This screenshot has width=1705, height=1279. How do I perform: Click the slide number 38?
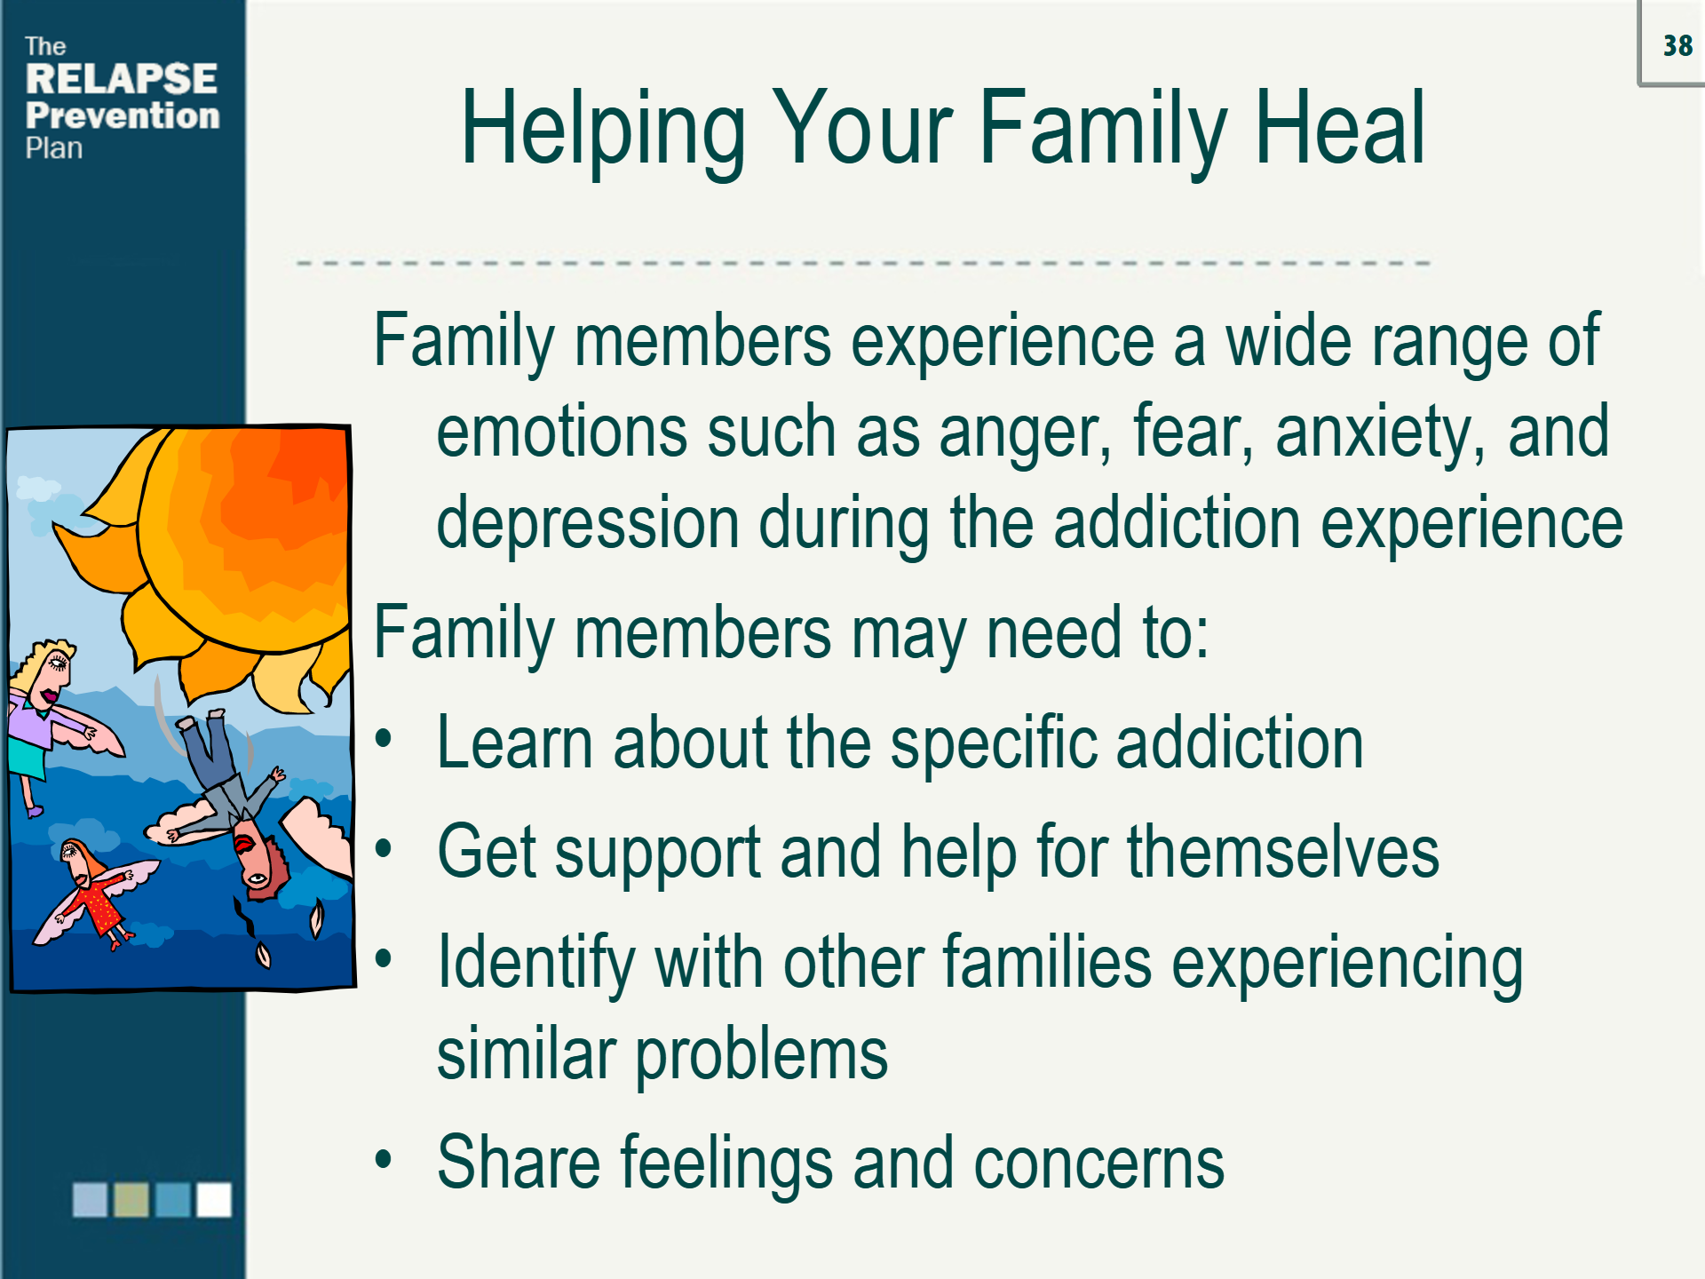click(x=1677, y=45)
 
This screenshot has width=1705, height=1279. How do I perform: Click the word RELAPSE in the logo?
click(x=122, y=79)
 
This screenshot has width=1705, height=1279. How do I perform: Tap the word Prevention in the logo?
click(x=123, y=115)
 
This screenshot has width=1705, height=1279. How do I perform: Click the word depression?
click(x=588, y=524)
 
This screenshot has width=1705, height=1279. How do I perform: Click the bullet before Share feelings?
click(x=384, y=1158)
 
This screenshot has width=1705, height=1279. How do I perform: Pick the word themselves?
click(x=1283, y=852)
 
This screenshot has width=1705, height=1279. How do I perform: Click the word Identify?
click(x=536, y=964)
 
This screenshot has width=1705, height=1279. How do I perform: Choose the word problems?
click(x=761, y=1056)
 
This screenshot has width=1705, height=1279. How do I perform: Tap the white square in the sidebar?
click(x=214, y=1199)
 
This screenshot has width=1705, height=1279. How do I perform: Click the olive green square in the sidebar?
click(x=131, y=1199)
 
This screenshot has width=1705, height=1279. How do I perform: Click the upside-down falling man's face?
click(x=257, y=858)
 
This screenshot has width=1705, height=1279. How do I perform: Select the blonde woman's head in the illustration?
click(x=44, y=671)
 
